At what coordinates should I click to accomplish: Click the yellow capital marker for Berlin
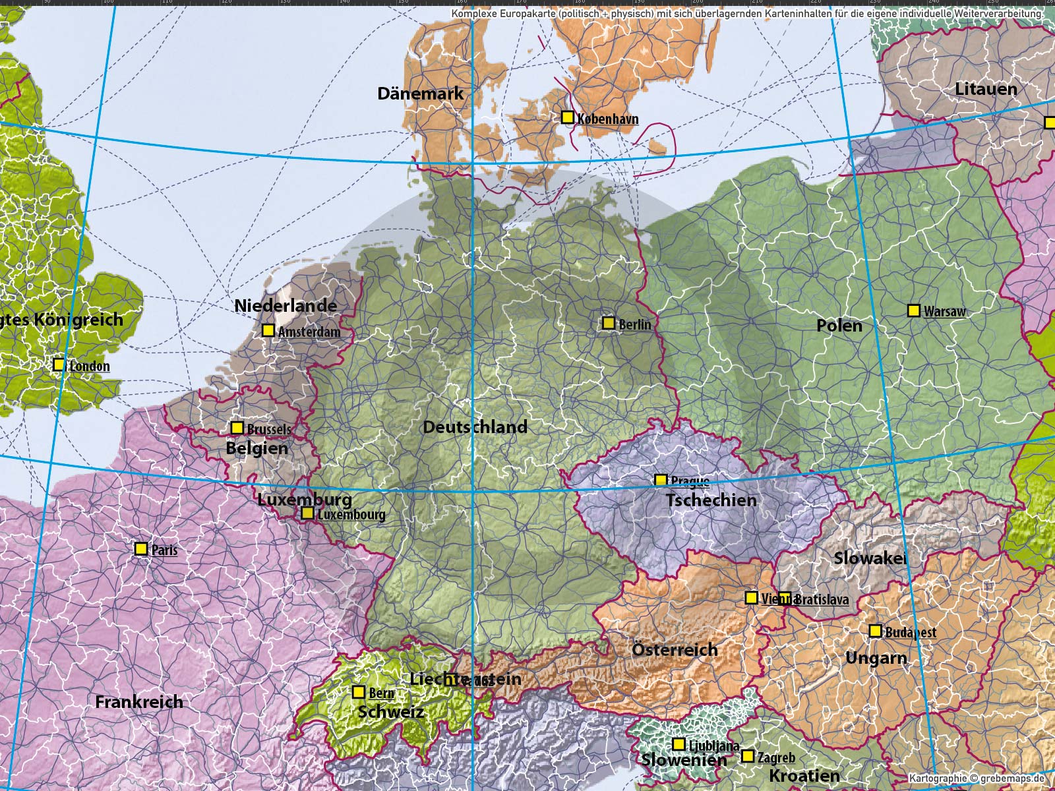point(609,323)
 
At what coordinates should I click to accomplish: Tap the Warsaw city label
point(944,311)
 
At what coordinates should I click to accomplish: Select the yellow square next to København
point(567,117)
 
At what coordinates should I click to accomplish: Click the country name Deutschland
point(475,426)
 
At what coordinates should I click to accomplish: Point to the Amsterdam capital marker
point(268,330)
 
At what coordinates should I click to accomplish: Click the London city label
point(90,366)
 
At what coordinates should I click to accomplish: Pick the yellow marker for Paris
point(140,548)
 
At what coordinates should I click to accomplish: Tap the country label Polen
point(839,325)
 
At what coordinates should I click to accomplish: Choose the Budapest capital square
point(875,631)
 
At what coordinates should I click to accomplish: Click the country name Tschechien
point(711,500)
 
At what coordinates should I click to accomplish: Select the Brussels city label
point(269,429)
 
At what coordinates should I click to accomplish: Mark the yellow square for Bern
point(358,692)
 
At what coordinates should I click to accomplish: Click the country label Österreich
point(675,649)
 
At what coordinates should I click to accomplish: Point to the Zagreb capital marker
point(747,756)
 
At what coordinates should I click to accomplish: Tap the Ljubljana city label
point(714,746)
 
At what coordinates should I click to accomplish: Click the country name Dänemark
point(420,94)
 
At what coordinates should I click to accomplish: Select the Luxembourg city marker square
point(307,513)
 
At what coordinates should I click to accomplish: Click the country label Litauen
point(986,88)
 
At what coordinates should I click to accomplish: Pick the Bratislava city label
point(822,600)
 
